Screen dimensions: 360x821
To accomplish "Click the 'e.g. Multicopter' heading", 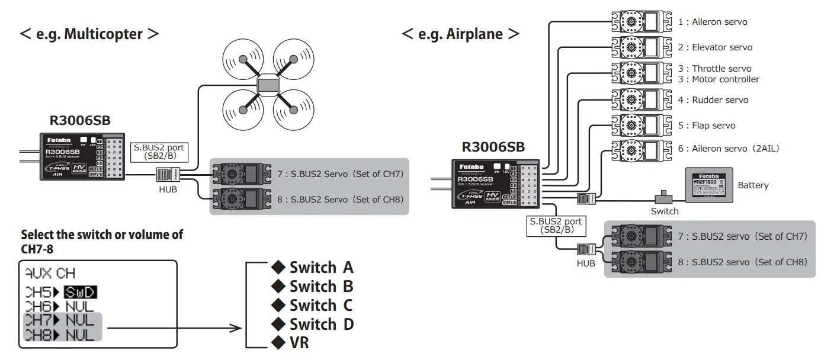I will pos(89,34).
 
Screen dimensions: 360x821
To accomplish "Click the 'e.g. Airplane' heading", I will pos(460,34).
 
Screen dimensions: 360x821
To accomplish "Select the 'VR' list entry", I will pos(299,343).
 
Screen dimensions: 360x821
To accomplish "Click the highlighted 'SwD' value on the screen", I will pos(81,292).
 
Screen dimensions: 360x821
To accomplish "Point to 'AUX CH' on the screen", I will pos(50,274).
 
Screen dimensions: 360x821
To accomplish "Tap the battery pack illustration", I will pos(709,185).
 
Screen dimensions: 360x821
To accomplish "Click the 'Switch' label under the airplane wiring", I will pos(664,211).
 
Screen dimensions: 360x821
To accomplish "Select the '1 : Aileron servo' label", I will pos(713,22).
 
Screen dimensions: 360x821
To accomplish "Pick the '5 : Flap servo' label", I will pos(707,126).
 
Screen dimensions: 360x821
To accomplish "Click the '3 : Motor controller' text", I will pos(719,79).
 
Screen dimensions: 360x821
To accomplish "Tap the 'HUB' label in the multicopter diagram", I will pos(168,190).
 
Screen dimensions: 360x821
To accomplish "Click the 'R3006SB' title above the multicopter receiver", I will pos(79,121).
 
